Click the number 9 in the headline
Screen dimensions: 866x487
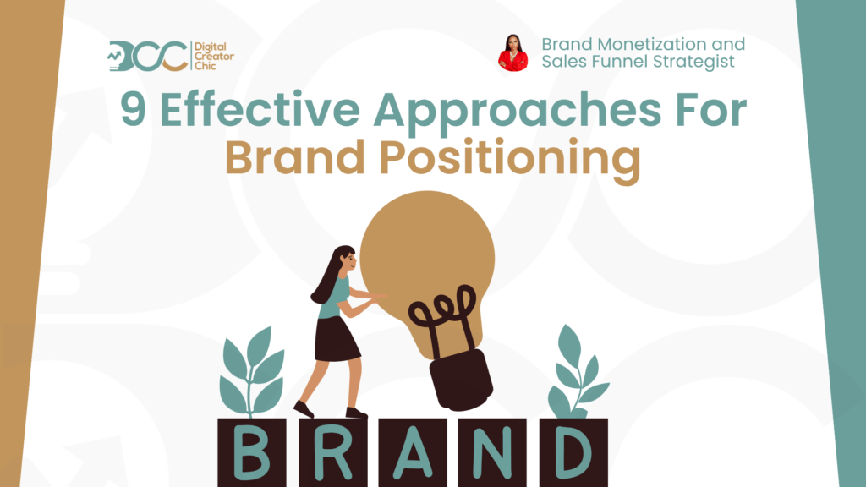pos(134,110)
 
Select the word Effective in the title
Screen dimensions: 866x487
pos(260,109)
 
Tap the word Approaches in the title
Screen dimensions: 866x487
pos(518,112)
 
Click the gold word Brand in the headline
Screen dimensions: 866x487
pos(295,157)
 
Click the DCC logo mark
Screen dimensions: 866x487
pos(148,56)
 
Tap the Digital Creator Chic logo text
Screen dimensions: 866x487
pos(214,56)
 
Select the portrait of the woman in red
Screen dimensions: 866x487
pos(513,53)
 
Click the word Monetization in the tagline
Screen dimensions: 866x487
pos(654,44)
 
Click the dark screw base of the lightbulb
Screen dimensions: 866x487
pos(461,380)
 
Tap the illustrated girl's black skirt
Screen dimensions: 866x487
pos(337,339)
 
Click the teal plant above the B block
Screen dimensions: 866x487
pos(251,372)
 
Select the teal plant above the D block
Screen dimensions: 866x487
pos(577,372)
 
